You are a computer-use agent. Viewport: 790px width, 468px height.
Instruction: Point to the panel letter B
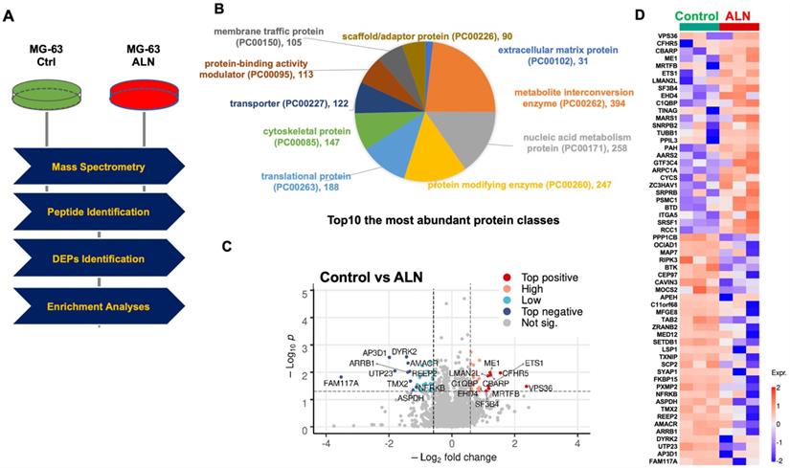(x=219, y=10)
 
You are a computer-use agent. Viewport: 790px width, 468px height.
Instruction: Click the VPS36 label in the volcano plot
(x=541, y=388)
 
